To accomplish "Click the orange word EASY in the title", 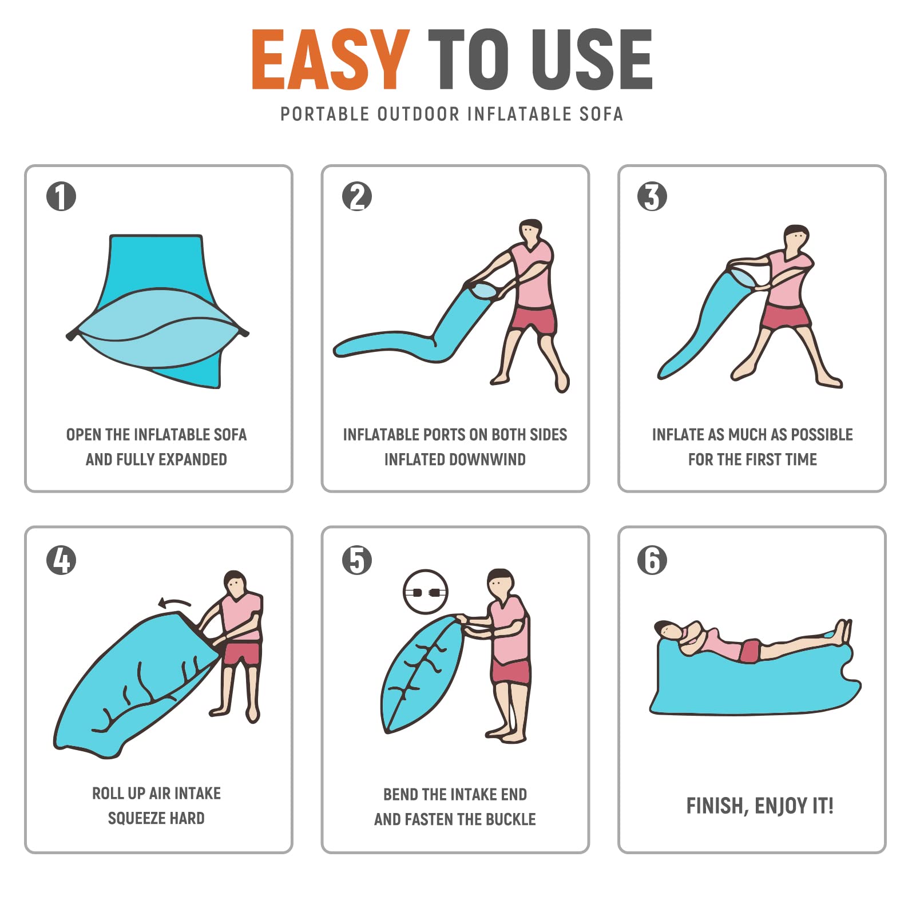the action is (x=331, y=60).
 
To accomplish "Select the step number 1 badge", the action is (x=61, y=196).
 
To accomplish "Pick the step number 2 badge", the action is (x=357, y=196).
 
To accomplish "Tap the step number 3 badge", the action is (x=652, y=196).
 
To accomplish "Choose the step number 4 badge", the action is (x=61, y=560).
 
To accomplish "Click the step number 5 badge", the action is (x=357, y=560).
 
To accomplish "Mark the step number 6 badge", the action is (x=652, y=560).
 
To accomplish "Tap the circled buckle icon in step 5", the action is (x=426, y=592).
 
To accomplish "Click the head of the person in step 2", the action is (x=530, y=231).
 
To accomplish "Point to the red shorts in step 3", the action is (x=785, y=318).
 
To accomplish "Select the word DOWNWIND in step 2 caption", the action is (x=484, y=459).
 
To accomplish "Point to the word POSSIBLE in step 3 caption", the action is (x=821, y=435).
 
